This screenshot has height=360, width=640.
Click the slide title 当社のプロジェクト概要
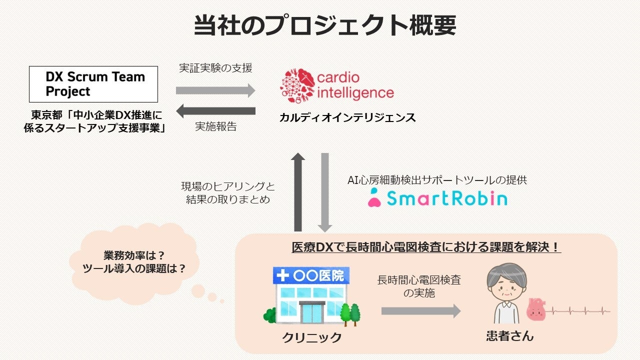point(324,25)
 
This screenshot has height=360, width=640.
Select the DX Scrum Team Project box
point(93,84)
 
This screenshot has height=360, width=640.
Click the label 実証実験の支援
point(215,68)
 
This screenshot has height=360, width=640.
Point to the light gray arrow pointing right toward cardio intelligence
point(215,90)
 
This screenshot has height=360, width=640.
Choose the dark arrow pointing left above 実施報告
point(215,110)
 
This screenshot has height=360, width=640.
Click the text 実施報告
point(215,127)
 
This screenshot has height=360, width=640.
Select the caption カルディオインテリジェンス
point(347,118)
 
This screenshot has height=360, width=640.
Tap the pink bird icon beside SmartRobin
point(374,198)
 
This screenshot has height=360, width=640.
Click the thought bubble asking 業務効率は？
point(134,261)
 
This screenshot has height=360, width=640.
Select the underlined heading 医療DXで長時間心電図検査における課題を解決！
point(426,247)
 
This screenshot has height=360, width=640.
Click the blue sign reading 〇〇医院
point(311,275)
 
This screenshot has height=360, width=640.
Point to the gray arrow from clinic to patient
point(420,311)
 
